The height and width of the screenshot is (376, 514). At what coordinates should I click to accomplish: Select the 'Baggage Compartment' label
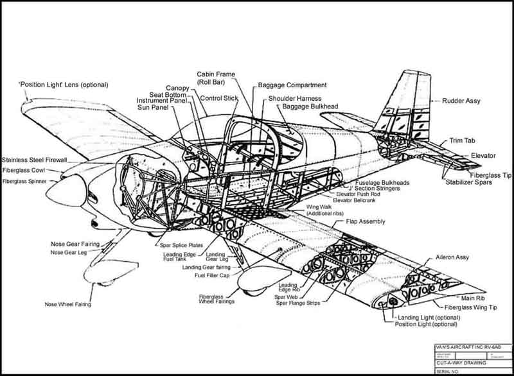click(x=292, y=85)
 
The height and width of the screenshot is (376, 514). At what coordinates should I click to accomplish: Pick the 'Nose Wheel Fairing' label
click(x=67, y=304)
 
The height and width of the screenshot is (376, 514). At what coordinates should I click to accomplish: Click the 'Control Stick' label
click(x=219, y=98)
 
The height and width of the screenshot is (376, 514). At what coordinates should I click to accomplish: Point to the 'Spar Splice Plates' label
click(x=177, y=245)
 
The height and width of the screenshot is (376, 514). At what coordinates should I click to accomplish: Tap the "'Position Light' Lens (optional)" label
click(x=63, y=85)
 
